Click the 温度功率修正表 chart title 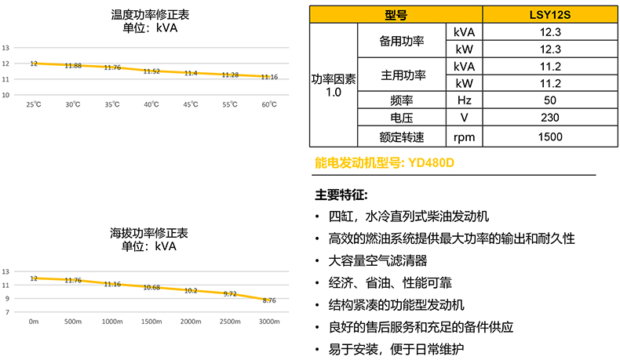(x=149, y=14)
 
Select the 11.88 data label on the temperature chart (x=73, y=65)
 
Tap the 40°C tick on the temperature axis (x=151, y=104)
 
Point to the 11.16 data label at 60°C (x=268, y=77)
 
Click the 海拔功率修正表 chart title (x=149, y=233)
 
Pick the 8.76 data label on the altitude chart (x=268, y=300)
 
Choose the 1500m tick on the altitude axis (x=151, y=322)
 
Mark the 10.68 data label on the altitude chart (x=151, y=287)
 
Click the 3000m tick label (x=268, y=322)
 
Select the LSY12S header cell (x=549, y=14)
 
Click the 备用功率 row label (x=402, y=40)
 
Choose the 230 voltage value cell (x=549, y=118)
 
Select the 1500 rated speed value (x=549, y=136)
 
